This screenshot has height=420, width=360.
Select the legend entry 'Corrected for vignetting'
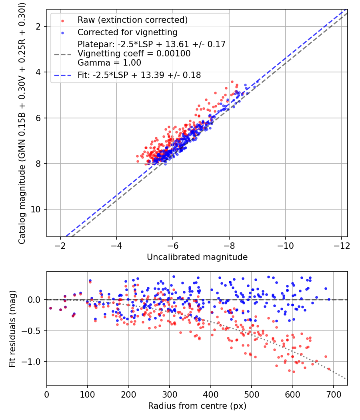pos(128,32)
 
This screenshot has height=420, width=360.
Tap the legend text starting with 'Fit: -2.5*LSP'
pos(139,75)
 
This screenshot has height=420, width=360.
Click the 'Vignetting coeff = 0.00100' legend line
pos(134,53)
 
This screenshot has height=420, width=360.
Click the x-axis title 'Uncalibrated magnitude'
pos(197,257)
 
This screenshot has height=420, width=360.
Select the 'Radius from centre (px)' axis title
pos(197,406)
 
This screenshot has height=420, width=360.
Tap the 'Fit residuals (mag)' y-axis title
pos(12,329)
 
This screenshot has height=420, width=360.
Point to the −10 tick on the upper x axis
pos(285,245)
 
